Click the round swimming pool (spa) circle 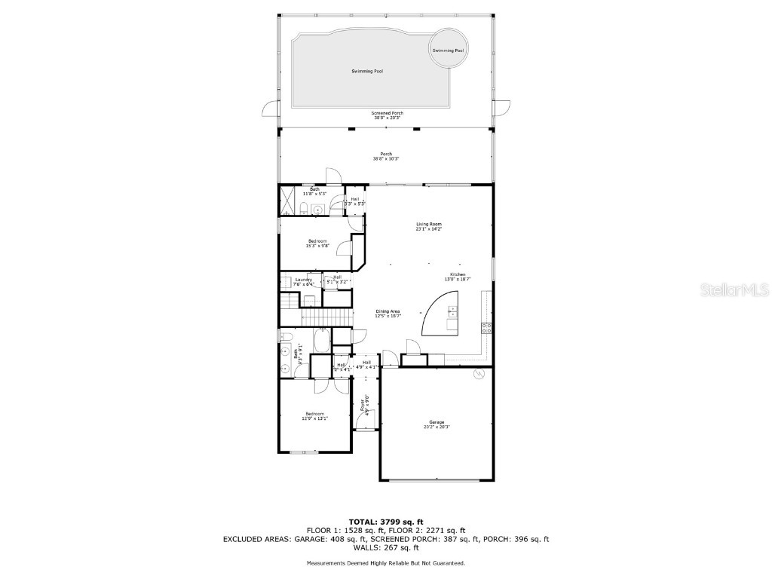pos(448,50)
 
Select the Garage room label pos(437,424)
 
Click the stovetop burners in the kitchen pos(486,327)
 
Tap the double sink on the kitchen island pos(452,317)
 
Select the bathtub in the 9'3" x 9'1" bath pos(320,342)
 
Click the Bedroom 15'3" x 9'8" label pos(317,243)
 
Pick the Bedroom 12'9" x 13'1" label pos(314,415)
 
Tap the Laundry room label pos(304,281)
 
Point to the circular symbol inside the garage pos(477,374)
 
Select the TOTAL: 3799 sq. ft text pos(386,522)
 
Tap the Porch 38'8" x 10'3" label pos(386,156)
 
